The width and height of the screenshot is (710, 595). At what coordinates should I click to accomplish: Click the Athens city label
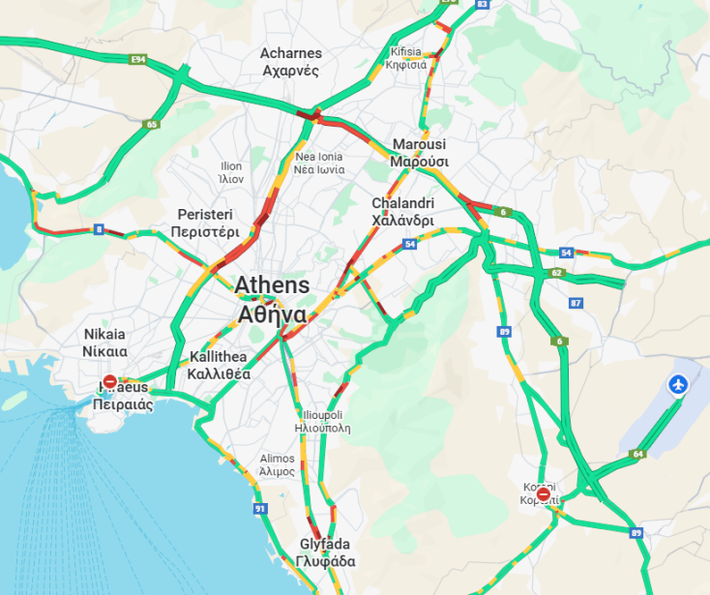[x=272, y=300]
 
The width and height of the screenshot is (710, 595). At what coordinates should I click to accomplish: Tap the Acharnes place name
[x=291, y=62]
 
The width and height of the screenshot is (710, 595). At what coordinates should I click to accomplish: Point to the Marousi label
[x=419, y=153]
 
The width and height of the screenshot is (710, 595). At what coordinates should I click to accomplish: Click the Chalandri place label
[x=403, y=212]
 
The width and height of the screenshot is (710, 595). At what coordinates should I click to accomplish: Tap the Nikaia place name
[x=104, y=342]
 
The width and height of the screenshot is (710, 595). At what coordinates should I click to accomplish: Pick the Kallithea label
[x=220, y=365]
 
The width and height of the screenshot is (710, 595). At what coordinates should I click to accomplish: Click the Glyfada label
[x=325, y=552]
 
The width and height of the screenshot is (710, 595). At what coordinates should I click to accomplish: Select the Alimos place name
[x=277, y=464]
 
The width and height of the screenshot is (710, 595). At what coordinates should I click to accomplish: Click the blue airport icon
[x=679, y=385]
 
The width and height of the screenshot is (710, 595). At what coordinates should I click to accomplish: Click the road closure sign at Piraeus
[x=110, y=382]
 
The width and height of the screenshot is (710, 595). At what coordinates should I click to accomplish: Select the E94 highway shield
[x=137, y=60]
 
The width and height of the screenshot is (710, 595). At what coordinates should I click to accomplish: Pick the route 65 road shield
[x=151, y=125]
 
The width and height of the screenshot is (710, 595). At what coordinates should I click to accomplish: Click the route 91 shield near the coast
[x=259, y=509]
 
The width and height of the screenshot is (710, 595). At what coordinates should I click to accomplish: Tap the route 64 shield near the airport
[x=636, y=454]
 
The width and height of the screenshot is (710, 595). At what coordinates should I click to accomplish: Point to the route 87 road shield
[x=577, y=304]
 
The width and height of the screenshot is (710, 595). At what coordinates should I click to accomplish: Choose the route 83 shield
[x=482, y=5]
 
